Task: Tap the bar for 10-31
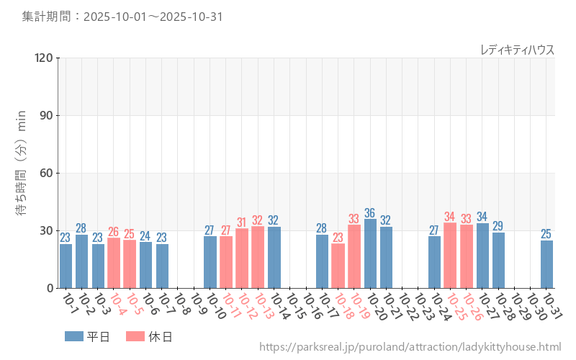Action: click(546, 264)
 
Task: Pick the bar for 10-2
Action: click(81, 261)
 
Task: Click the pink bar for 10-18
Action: click(338, 266)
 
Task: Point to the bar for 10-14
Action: click(274, 257)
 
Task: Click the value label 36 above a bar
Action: click(370, 213)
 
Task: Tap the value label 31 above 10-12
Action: click(241, 222)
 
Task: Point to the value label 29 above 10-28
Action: click(498, 226)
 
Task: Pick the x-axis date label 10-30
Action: click(536, 305)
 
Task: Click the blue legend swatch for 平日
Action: click(74, 336)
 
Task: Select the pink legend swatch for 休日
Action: click(135, 336)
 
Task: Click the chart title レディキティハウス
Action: click(517, 50)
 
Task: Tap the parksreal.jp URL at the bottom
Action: click(410, 347)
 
